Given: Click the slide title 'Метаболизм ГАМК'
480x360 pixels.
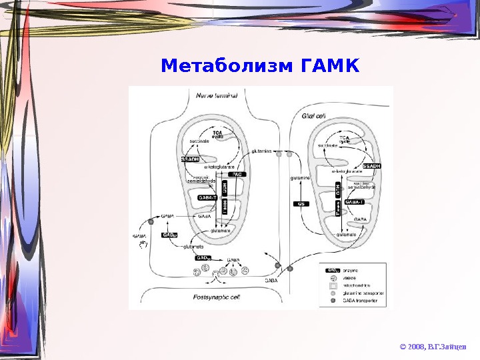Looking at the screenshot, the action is [260, 67].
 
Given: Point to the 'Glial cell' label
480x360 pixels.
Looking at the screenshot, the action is [313, 116].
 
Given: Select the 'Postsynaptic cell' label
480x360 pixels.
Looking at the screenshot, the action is [216, 297].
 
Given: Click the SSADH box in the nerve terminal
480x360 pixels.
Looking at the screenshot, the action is [191, 159].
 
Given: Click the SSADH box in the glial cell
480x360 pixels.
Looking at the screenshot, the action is [372, 166].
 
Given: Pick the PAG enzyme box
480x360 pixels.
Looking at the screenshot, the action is [238, 174].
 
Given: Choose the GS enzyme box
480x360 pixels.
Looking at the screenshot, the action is [303, 203].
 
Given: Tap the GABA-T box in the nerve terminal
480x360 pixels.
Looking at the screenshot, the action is [208, 198].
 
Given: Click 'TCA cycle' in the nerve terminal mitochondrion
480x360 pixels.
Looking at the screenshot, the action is [218, 135].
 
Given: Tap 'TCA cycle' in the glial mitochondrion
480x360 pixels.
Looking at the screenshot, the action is [344, 139].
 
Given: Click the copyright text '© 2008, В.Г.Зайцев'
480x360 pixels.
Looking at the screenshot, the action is [433, 346].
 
